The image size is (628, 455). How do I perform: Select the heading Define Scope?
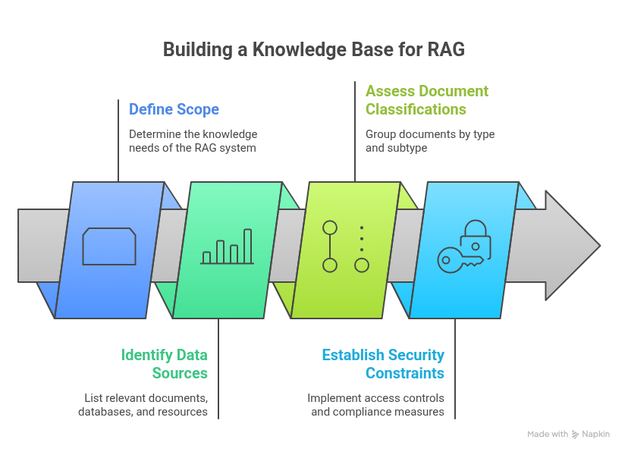[174, 109]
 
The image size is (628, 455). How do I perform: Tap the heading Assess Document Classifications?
[427, 100]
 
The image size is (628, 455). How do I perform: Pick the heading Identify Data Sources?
[165, 364]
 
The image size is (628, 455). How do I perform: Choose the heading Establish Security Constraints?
[383, 364]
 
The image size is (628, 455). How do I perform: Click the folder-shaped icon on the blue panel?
[109, 246]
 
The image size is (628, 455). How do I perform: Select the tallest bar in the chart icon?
[247, 246]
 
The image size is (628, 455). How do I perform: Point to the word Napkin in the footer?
[596, 435]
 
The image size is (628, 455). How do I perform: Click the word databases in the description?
[104, 412]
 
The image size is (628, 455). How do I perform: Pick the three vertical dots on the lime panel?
[362, 238]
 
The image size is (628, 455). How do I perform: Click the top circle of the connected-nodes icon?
[329, 227]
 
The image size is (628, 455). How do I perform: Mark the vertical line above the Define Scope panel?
[118, 140]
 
